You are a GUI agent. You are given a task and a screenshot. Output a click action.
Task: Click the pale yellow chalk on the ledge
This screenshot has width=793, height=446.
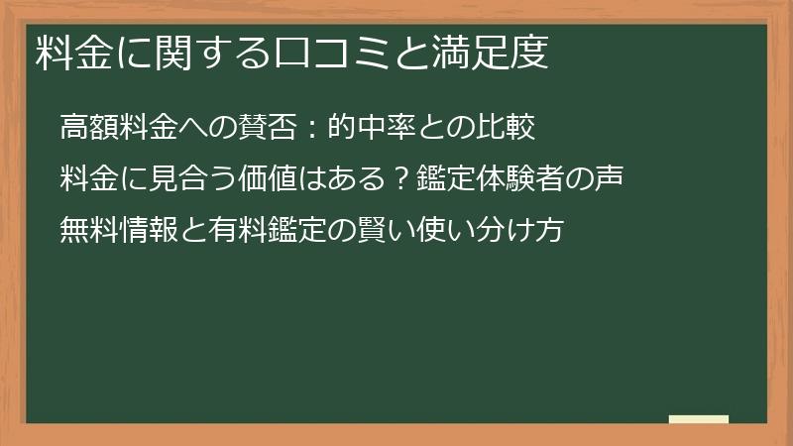coord(699,420)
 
